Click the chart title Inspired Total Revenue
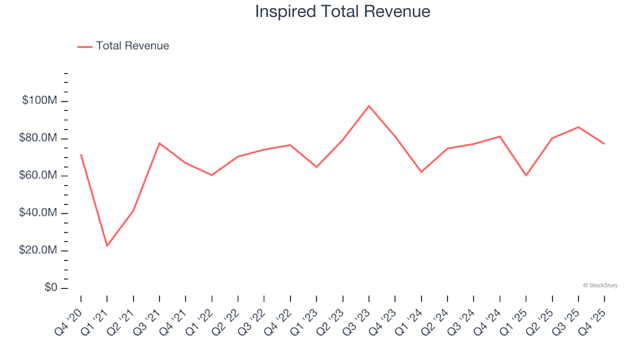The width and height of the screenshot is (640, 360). [x=343, y=12]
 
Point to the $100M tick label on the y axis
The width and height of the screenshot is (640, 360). [x=41, y=101]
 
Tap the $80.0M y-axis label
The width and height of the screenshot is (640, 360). [x=41, y=139]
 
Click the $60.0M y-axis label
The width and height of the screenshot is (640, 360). [x=41, y=176]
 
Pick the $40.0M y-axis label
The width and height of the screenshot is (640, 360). [x=41, y=213]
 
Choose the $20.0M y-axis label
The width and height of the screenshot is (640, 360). [x=41, y=251]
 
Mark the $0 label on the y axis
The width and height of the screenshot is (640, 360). [x=51, y=288]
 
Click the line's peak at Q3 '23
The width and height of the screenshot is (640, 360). [x=369, y=106]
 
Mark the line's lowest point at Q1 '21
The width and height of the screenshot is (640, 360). [x=107, y=246]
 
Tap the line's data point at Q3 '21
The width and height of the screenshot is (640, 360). [x=159, y=143]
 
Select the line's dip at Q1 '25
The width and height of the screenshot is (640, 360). [x=526, y=175]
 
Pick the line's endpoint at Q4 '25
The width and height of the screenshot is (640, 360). [x=604, y=143]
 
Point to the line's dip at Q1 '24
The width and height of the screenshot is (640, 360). [x=421, y=172]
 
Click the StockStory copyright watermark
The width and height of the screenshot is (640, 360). [x=600, y=285]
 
